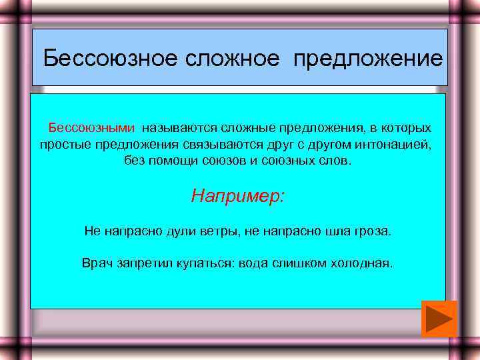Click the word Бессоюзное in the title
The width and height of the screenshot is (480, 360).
click(107, 59)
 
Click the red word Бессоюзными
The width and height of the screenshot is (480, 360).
click(90, 127)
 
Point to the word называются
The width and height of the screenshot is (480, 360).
click(175, 127)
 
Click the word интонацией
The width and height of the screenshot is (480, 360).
click(394, 144)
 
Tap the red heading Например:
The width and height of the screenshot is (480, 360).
click(238, 196)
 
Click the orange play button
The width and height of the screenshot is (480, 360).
click(439, 319)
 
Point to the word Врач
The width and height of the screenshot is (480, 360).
click(96, 263)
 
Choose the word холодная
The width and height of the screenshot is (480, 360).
click(361, 263)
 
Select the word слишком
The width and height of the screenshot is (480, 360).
click(297, 263)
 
